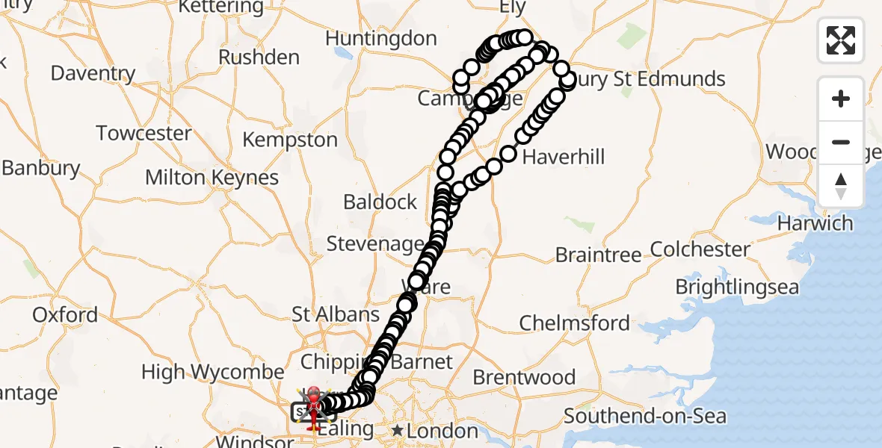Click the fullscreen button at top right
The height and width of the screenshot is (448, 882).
pos(841,40)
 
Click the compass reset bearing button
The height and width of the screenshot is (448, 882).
pos(841,185)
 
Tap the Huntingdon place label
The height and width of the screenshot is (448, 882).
pos(381,38)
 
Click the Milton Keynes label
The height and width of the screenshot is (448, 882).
pos(212,178)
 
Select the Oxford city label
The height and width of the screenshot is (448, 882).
pos(65,314)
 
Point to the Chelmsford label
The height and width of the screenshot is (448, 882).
pos(575,323)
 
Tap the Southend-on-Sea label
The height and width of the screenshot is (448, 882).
pos(645,415)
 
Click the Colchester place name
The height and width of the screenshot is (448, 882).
pos(700,249)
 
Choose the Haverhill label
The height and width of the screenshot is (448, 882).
pos(564,157)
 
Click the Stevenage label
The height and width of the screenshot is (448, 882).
pos(375,243)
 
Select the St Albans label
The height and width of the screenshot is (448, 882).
pos(336,314)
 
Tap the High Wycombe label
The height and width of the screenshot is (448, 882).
pos(213,371)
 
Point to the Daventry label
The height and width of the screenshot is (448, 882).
pos(93,73)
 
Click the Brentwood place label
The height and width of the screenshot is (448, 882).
pos(524,377)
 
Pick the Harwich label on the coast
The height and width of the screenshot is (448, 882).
pos(815,223)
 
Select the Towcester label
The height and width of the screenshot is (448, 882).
pos(144,134)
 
